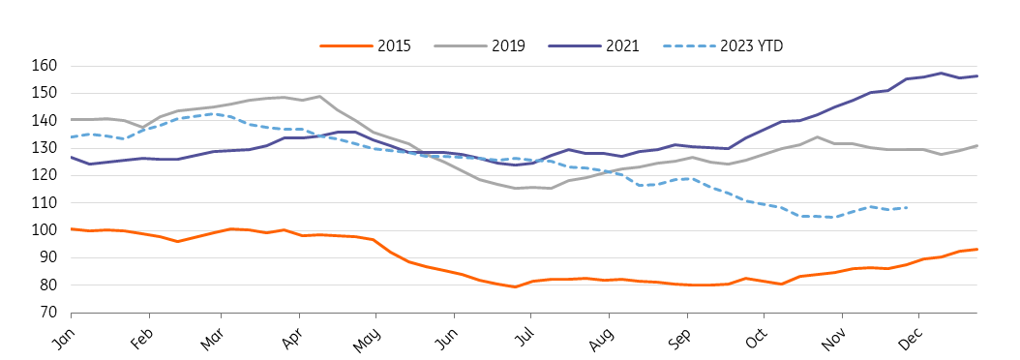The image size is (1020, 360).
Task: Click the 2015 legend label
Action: coord(394,45)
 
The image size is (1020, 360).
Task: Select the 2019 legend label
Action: coord(508,45)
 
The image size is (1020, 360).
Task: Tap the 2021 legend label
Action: coord(622,45)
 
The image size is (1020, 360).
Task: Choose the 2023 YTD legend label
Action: coord(752,45)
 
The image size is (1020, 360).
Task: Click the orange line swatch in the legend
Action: coord(345,45)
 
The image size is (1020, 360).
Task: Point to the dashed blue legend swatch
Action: coord(688,45)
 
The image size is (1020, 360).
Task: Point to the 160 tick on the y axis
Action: coord(50,66)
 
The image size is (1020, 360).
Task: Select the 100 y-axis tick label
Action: coord(50,230)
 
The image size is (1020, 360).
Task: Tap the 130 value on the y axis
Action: coord(50,148)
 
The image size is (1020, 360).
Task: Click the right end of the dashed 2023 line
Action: coord(907,208)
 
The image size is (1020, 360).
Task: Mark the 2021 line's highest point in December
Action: coord(942,73)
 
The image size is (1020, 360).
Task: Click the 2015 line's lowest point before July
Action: coord(515,286)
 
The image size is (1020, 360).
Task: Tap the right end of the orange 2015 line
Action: coord(977,249)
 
